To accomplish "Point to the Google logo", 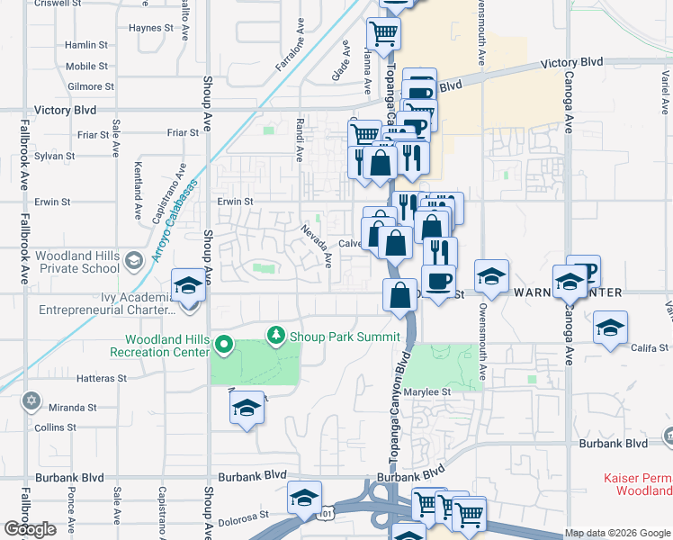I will click(30, 529).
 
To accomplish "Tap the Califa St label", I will click(650, 347).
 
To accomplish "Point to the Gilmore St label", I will click(91, 86).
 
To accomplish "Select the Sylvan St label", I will click(46, 156).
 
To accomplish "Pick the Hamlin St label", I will click(86, 44).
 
